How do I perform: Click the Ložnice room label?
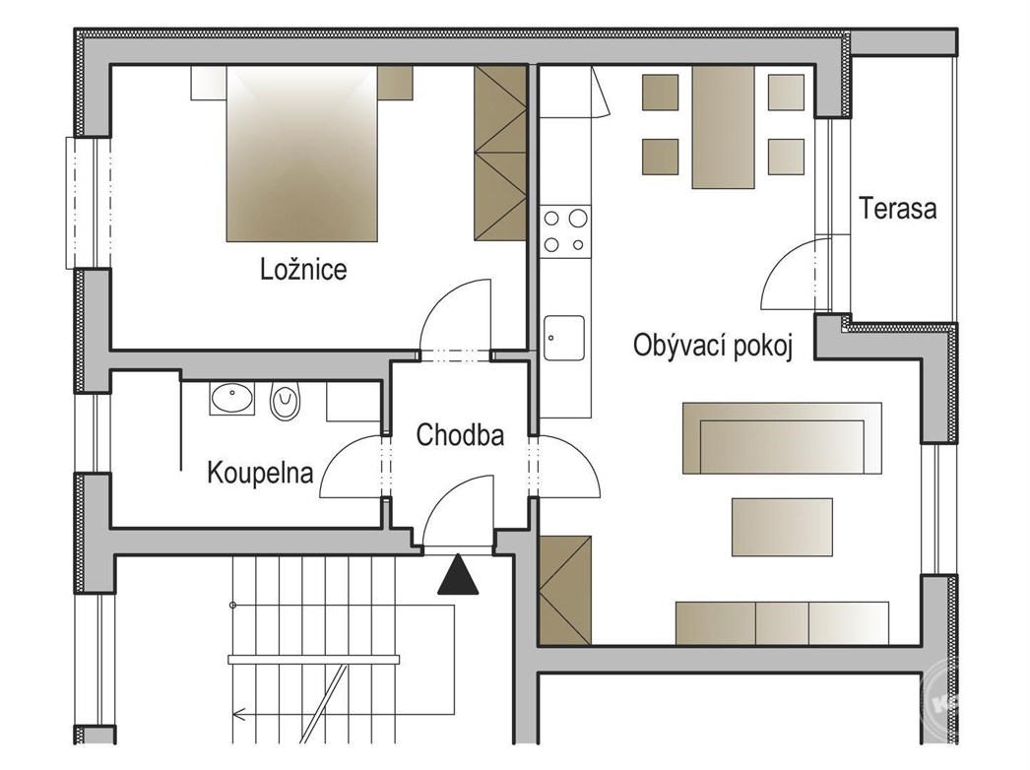(x=303, y=270)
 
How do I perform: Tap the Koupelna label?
(x=260, y=473)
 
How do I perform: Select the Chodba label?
(x=460, y=435)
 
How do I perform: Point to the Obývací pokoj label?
(x=713, y=346)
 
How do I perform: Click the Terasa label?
(x=897, y=209)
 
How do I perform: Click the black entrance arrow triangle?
(x=458, y=575)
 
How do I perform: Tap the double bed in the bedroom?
(x=302, y=154)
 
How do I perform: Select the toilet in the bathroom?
(x=286, y=401)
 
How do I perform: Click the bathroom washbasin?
(x=231, y=398)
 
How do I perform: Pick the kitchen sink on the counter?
(x=564, y=338)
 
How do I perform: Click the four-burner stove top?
(x=565, y=231)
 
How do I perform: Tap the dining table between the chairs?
(x=723, y=127)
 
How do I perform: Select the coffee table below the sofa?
(x=783, y=527)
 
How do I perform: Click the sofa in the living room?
(x=782, y=438)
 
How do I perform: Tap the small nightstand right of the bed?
(x=396, y=83)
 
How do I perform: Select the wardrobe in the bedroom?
(x=500, y=153)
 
